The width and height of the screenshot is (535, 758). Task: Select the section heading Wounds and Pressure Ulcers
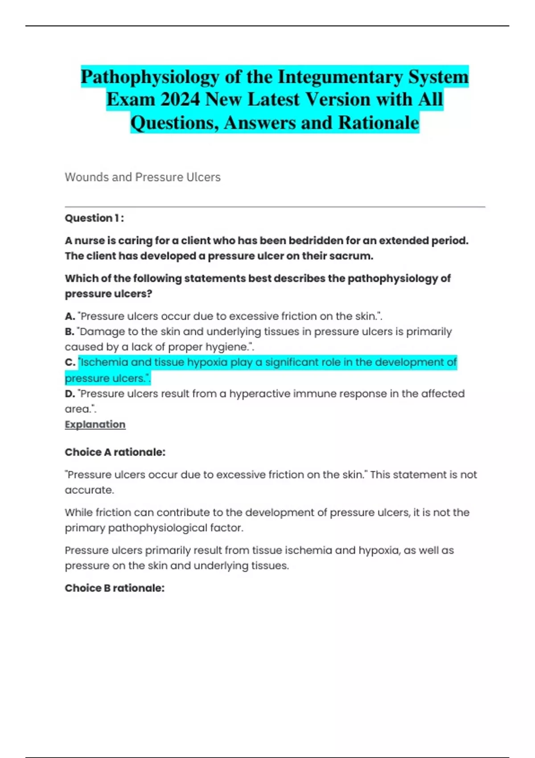[x=143, y=177]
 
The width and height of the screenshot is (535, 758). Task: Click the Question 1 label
[x=94, y=218]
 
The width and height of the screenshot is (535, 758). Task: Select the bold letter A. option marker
[x=70, y=316]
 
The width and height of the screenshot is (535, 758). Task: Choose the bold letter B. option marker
[x=70, y=332]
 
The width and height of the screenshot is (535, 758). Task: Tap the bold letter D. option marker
[x=70, y=394]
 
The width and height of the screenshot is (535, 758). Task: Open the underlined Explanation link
[x=95, y=424]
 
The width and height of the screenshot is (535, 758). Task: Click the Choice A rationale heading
[x=115, y=452]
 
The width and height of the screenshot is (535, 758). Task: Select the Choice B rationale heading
[x=115, y=588]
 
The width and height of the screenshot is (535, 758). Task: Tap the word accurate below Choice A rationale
[x=89, y=490]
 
